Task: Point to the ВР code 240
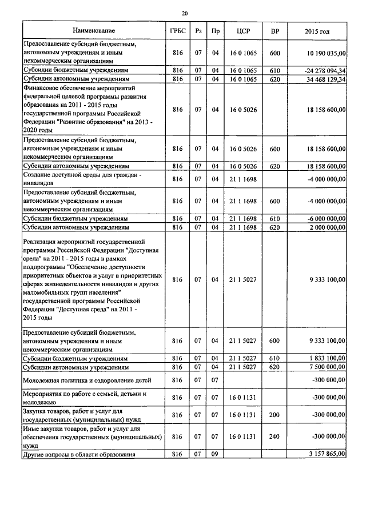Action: (x=274, y=436)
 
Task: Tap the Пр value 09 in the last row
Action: (x=215, y=454)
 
